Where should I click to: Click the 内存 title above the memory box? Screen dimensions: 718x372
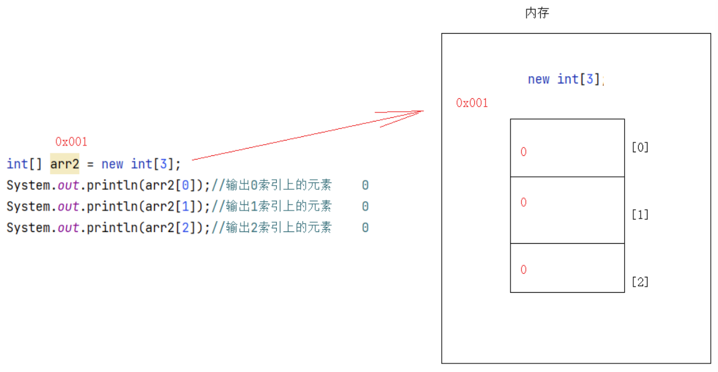click(537, 13)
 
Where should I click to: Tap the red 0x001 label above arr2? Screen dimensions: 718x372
click(71, 142)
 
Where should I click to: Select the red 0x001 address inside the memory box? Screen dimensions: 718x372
click(472, 103)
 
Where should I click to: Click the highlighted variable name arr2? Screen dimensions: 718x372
click(64, 164)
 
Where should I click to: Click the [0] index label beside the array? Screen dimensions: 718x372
click(640, 147)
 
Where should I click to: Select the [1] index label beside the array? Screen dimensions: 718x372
click(640, 215)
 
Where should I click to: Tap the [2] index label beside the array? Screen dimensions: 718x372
click(640, 282)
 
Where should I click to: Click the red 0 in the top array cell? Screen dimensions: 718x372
click(523, 152)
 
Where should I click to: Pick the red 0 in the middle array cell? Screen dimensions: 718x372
click(523, 203)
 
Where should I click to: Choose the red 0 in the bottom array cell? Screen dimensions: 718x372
click(523, 269)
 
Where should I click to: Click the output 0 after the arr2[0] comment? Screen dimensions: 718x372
click(365, 185)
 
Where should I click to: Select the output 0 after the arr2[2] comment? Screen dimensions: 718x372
click(365, 228)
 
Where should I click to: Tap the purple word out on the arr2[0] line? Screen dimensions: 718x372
click(68, 185)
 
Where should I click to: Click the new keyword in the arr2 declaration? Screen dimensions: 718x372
click(112, 164)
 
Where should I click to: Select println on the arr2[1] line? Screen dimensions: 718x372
click(111, 206)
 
